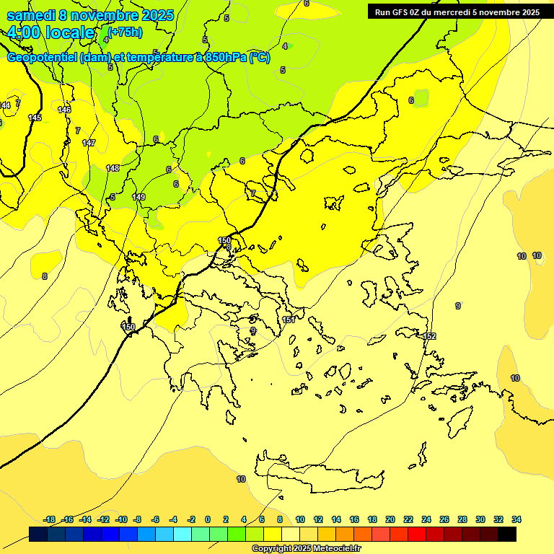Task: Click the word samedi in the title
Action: pos(32,15)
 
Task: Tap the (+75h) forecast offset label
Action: pos(125,32)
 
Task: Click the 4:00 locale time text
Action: pos(50,32)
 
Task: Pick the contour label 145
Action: pos(35,118)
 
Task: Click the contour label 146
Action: pos(64,110)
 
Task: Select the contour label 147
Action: pos(89,143)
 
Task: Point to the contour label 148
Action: pos(113,168)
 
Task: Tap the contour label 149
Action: pos(138,197)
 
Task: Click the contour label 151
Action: pos(289,320)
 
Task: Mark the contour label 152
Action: pos(429,337)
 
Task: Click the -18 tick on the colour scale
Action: pos(49,519)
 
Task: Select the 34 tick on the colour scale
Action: pos(516,519)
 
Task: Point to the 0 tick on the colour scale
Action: pos(208,519)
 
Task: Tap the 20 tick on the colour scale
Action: pos(390,519)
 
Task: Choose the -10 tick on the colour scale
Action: pos(120,519)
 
